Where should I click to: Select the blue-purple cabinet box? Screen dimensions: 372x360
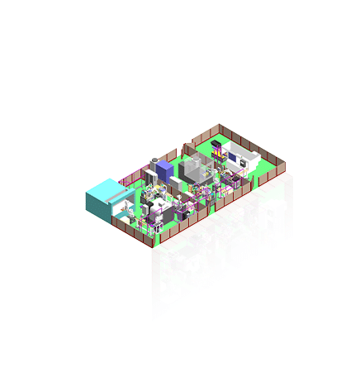[164, 172]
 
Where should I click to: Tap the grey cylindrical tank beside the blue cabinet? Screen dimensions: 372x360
[154, 164]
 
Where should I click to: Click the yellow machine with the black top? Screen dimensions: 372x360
[217, 152]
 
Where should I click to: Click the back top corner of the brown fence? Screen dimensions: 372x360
[220, 126]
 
